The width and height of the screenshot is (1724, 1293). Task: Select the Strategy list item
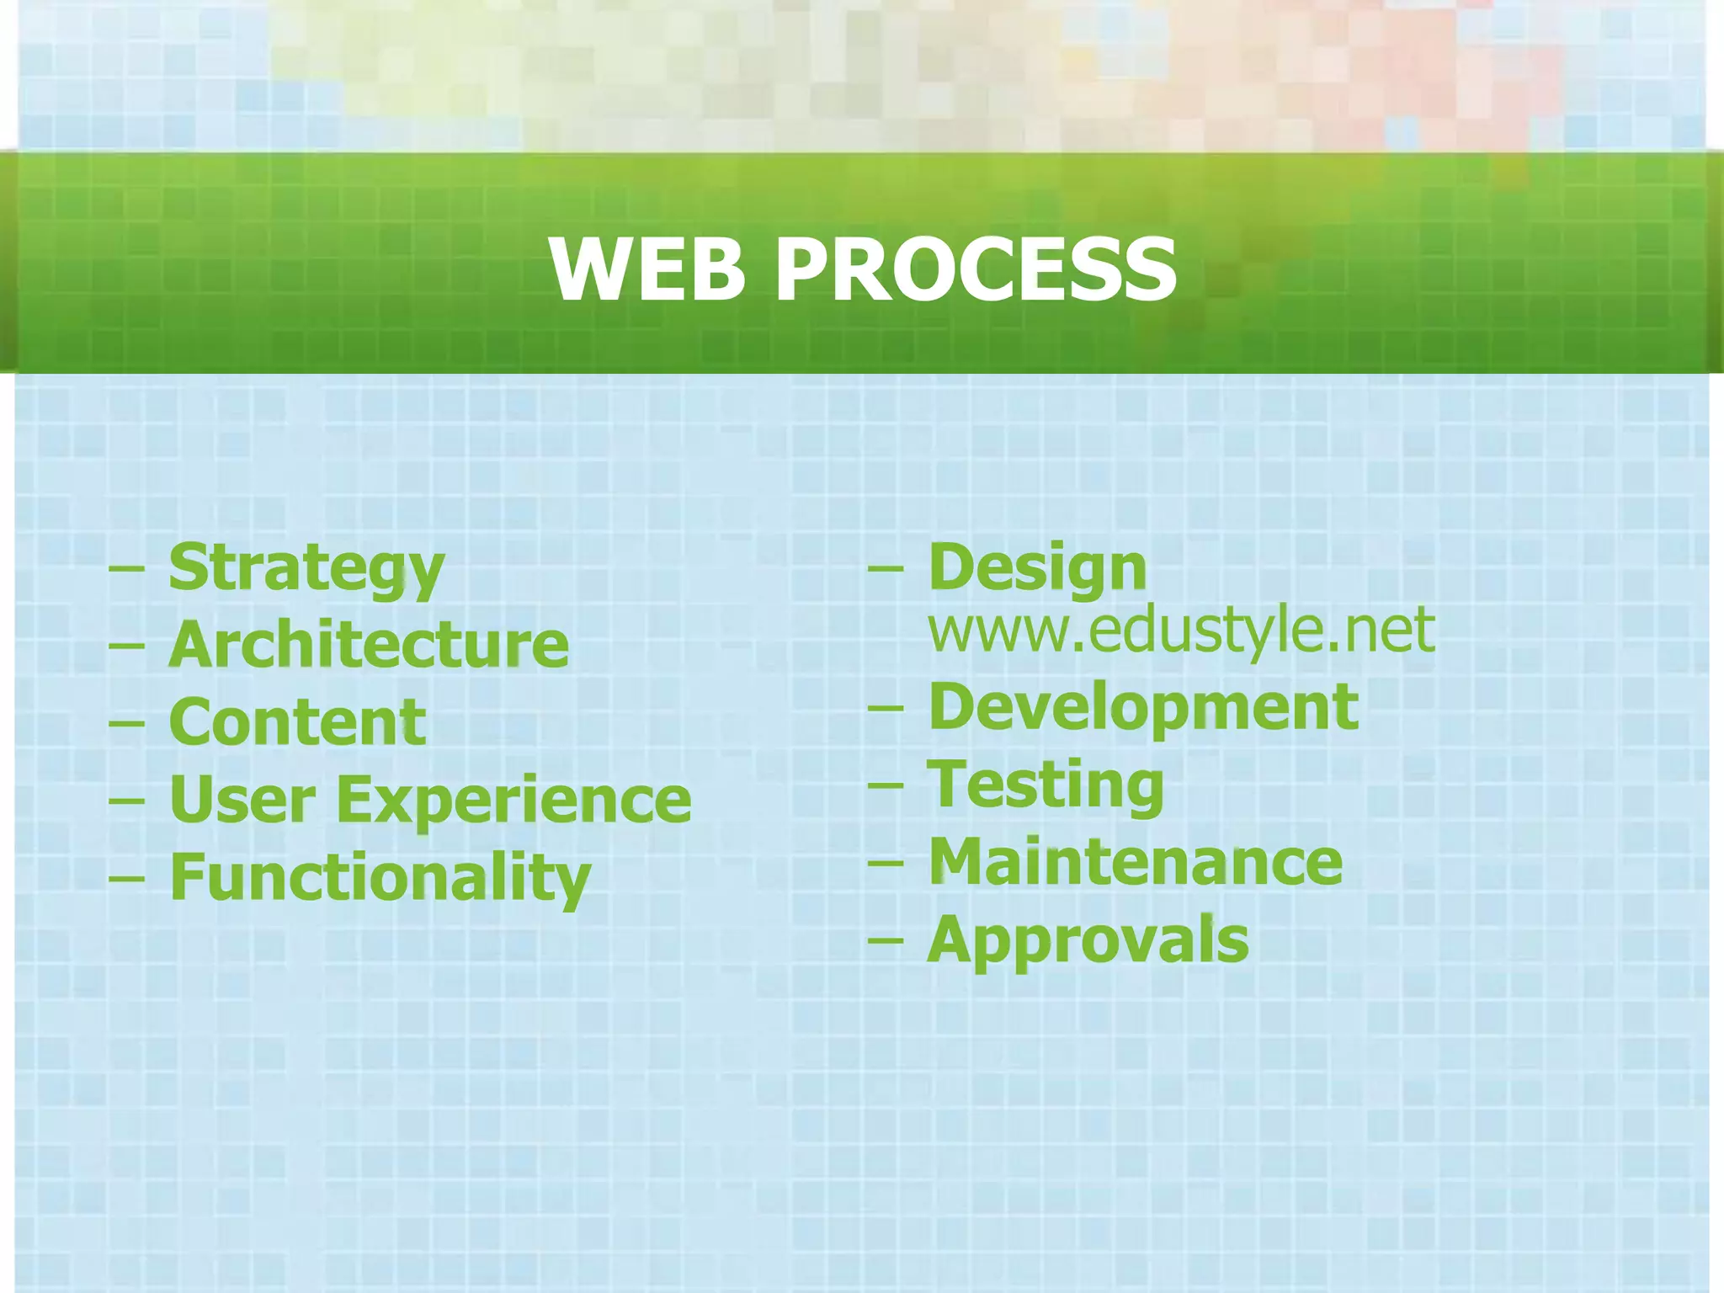coord(306,568)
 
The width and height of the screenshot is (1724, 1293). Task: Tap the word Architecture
coord(369,645)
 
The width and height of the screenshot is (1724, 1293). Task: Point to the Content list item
coord(297,722)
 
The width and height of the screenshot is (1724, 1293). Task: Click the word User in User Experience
coord(242,800)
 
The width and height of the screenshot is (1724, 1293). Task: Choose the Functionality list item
coord(380,878)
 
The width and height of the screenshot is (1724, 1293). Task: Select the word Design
coord(1037,568)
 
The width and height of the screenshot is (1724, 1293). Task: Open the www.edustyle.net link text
coord(1181,630)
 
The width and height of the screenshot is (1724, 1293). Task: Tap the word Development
coord(1143,707)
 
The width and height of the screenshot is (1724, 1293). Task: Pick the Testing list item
coord(1046,785)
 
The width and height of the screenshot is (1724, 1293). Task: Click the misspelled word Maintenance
coord(1136,863)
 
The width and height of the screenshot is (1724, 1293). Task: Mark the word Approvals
coord(1088,940)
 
